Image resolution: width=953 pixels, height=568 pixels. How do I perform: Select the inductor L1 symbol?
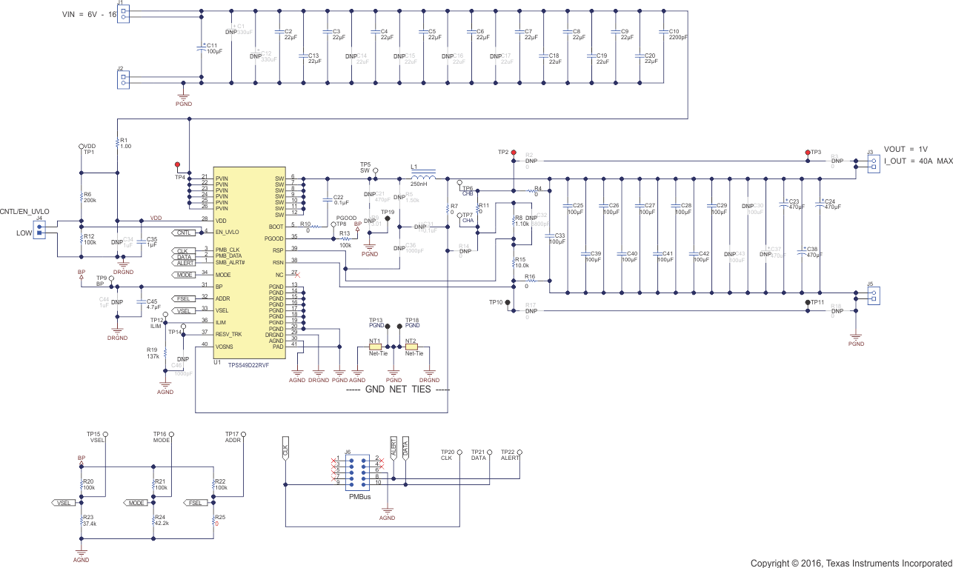(423, 178)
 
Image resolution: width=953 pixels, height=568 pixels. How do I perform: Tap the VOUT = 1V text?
(906, 149)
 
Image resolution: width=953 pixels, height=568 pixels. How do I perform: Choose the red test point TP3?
(808, 152)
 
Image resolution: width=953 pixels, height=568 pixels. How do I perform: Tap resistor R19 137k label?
(153, 353)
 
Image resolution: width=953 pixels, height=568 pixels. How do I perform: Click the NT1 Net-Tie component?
(375, 347)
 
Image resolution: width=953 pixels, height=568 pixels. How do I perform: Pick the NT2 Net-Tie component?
(411, 347)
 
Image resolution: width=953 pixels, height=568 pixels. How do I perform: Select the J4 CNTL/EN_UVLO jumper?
(40, 231)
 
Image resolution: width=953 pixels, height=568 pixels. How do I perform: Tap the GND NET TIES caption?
(398, 390)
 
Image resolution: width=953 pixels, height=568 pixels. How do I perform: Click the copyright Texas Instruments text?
(851, 563)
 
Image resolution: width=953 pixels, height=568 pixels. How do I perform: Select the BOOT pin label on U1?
(276, 226)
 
